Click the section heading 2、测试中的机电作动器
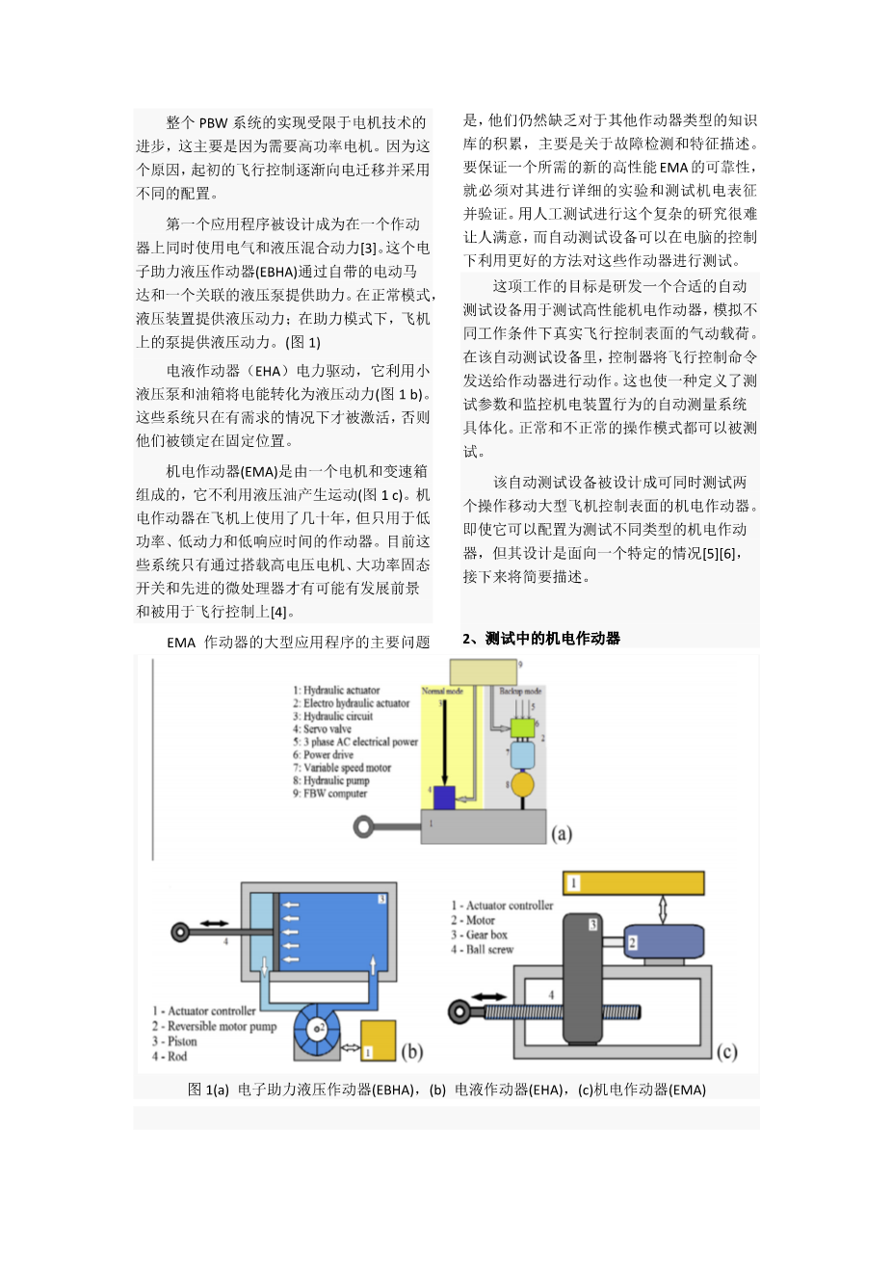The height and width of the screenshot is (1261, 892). coord(541,638)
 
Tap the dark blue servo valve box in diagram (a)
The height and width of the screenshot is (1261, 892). coord(443,798)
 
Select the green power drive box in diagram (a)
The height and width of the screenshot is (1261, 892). coord(521,727)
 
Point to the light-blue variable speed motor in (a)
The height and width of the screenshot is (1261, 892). coord(522,755)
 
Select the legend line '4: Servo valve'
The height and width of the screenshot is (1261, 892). coord(323,729)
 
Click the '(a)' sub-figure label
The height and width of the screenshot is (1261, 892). coord(562,833)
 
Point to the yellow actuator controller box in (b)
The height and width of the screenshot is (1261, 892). coord(378,1040)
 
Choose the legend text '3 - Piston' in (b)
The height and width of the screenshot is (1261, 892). coord(174,1041)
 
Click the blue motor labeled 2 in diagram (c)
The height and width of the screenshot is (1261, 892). coord(664,941)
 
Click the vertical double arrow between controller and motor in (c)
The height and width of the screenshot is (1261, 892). coord(662,909)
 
